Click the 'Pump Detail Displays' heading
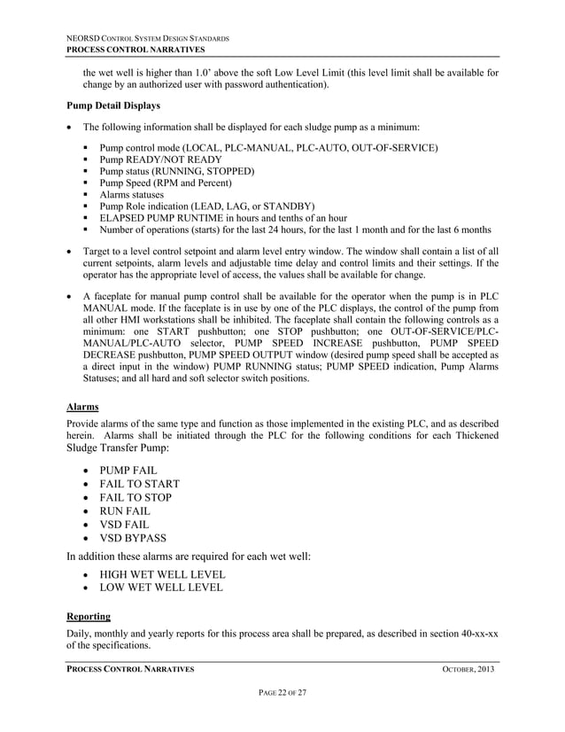(117, 105)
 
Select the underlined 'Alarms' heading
(83, 409)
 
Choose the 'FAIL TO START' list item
(139, 484)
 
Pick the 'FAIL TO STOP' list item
(135, 497)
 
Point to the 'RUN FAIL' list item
(125, 510)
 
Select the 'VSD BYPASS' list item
(133, 537)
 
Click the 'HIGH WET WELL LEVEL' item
(162, 574)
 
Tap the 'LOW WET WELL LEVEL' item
(160, 588)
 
